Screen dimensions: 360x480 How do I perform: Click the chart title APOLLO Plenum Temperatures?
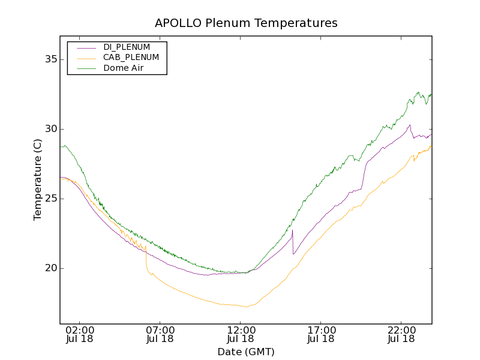[246, 23]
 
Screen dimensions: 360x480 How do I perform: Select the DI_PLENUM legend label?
[127, 47]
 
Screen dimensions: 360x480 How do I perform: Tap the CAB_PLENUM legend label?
[131, 58]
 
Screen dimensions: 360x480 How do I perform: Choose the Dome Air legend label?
[124, 68]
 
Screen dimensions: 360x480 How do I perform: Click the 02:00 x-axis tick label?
[80, 330]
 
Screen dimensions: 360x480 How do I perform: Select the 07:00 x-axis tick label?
[160, 330]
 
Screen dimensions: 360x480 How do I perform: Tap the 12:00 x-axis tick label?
[241, 330]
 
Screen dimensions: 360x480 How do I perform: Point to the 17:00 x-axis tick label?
[321, 330]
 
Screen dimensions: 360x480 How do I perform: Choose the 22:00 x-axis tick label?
[401, 330]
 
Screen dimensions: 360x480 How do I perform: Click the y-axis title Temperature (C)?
[38, 180]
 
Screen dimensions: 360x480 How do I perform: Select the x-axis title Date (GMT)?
[246, 352]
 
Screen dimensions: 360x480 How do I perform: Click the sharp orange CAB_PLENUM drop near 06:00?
[146, 259]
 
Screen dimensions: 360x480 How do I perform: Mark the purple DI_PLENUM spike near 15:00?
[292, 230]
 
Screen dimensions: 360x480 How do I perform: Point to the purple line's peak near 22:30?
[410, 125]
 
